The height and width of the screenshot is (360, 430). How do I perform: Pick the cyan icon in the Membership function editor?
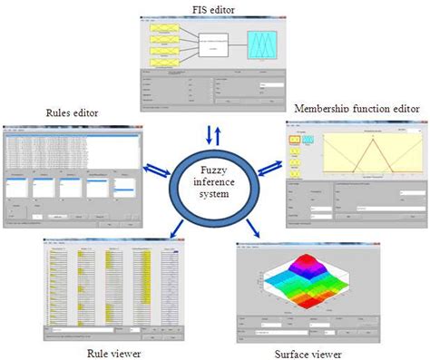coord(310,141)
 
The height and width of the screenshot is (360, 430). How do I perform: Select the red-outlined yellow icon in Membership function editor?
coord(295,141)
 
